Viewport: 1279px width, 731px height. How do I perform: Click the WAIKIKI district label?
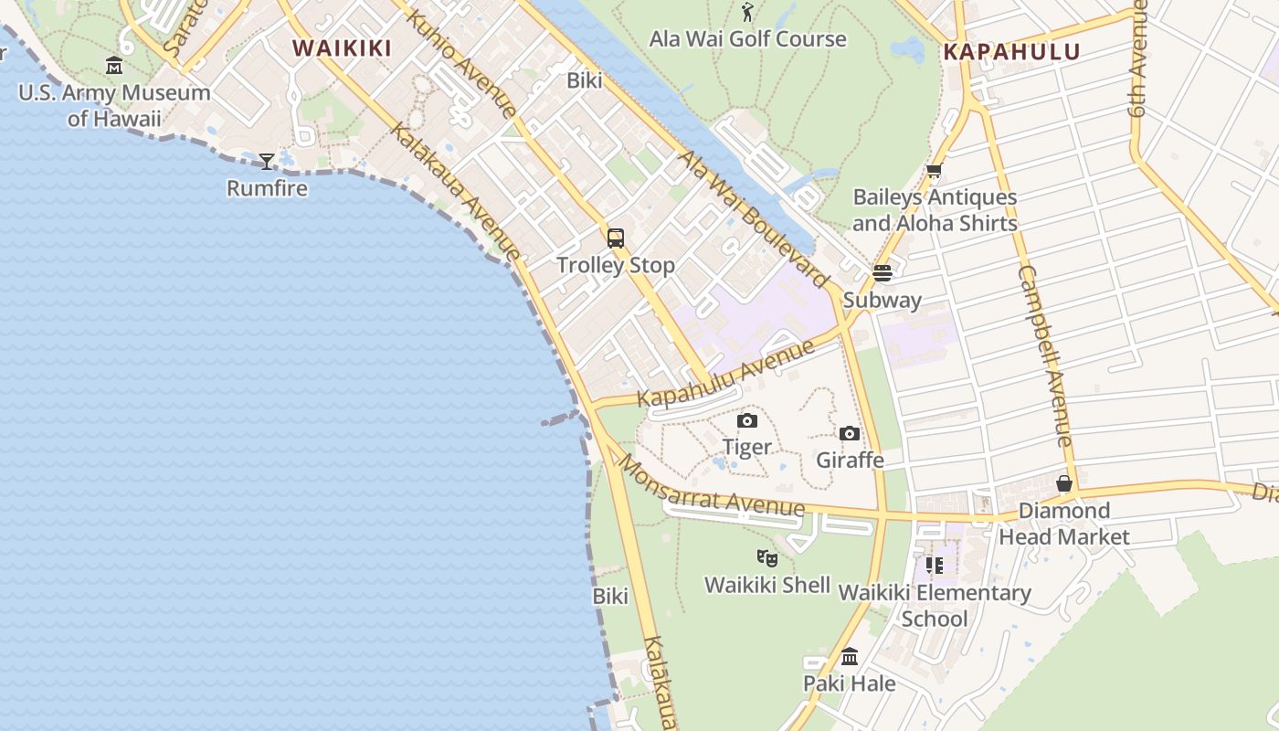342,48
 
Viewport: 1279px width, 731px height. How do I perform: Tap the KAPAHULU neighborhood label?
1011,52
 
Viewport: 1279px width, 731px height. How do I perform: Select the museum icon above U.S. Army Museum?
114,66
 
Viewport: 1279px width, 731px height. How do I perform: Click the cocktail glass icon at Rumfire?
267,162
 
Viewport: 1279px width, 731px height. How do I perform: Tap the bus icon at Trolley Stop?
616,238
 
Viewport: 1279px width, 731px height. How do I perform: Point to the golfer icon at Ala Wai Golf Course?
748,12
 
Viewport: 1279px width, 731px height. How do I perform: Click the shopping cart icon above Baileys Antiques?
934,171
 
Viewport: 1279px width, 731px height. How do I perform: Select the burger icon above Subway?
882,272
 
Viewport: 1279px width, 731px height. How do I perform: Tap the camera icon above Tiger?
747,420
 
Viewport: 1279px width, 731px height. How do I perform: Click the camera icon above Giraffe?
850,433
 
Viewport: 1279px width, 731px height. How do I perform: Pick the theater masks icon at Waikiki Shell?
767,557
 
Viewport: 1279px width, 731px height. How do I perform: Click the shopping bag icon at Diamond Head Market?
1064,483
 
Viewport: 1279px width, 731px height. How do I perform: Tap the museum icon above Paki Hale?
850,656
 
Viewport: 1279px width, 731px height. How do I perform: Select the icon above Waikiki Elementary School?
934,566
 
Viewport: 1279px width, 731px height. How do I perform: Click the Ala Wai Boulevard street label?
752,215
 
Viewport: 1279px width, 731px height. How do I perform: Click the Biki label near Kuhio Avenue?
585,80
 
